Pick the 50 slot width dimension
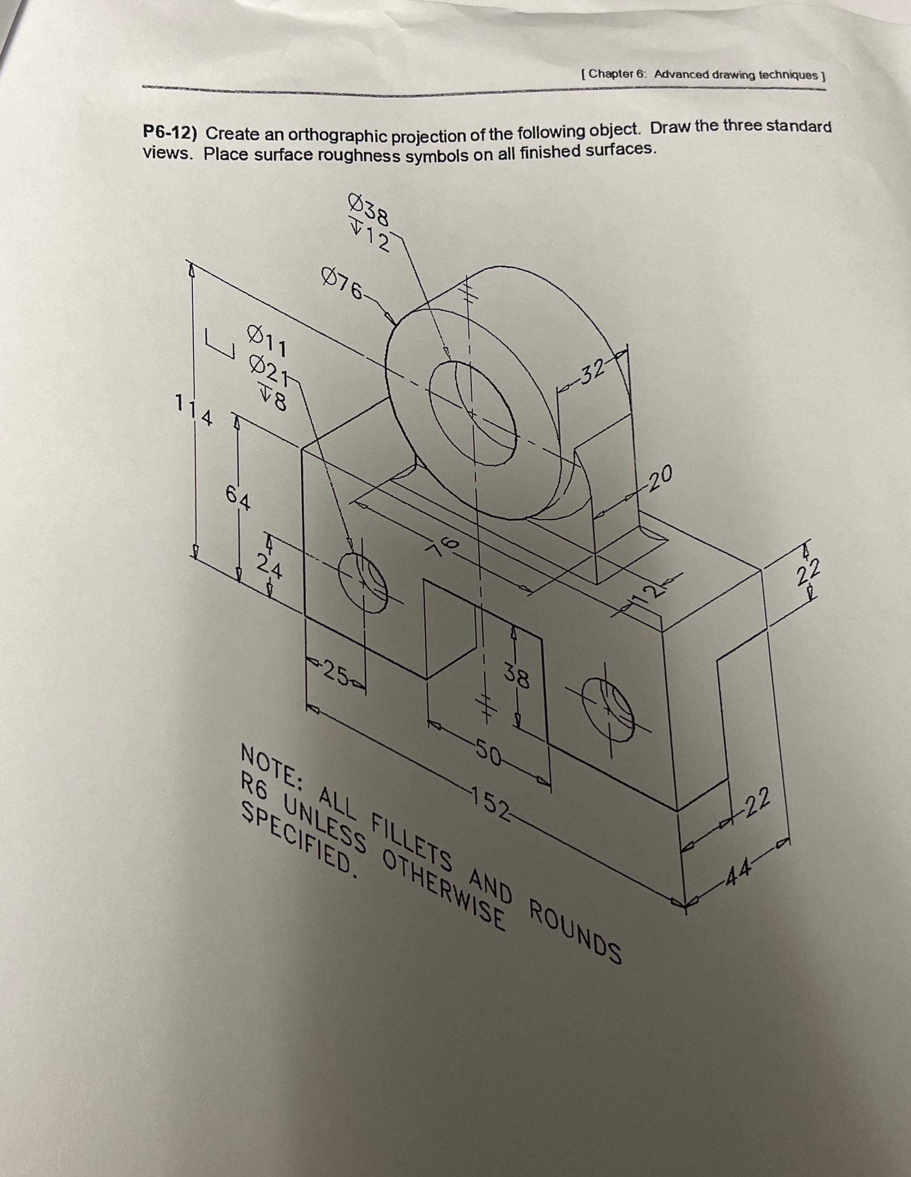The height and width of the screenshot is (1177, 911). click(x=488, y=754)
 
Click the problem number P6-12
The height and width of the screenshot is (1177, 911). click(x=172, y=132)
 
